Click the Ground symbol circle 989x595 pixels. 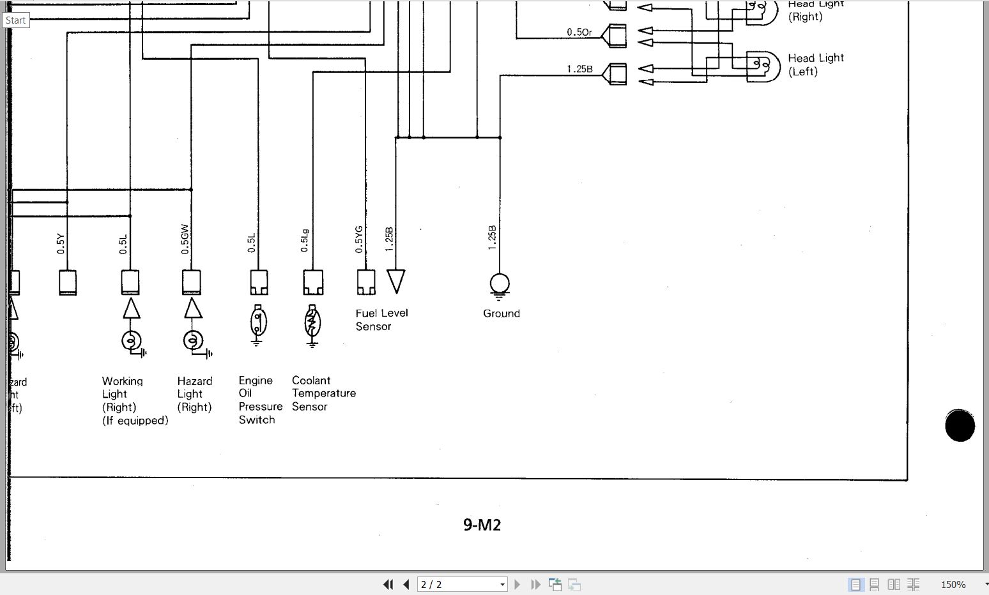(x=500, y=283)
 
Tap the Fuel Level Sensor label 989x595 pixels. (x=381, y=320)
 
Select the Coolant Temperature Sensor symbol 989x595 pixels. (x=312, y=323)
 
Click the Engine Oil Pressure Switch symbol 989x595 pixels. (x=257, y=322)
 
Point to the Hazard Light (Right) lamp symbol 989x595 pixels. (x=193, y=341)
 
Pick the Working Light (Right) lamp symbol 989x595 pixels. (x=131, y=341)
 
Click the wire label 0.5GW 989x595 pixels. (x=185, y=239)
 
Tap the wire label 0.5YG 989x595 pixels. (x=359, y=239)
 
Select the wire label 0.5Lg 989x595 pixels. (x=305, y=240)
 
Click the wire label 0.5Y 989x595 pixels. (x=61, y=243)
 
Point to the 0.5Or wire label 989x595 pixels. (x=579, y=32)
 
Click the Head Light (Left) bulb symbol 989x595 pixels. (x=763, y=66)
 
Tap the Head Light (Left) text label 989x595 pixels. (x=815, y=64)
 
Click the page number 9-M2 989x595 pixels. (x=482, y=525)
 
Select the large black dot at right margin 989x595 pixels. (x=960, y=425)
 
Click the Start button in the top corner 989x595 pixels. (x=15, y=20)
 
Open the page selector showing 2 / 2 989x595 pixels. (x=462, y=584)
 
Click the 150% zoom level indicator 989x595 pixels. (x=953, y=584)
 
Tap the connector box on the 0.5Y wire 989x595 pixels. (x=68, y=282)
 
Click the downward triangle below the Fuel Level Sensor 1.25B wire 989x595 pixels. (x=396, y=280)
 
